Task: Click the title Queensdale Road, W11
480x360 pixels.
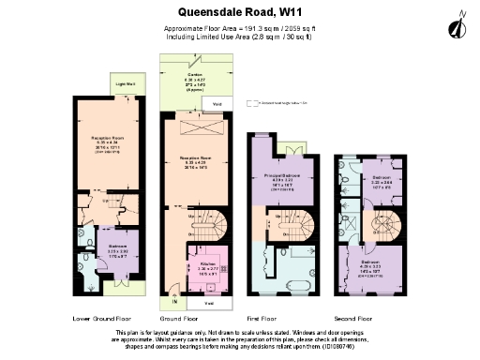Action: pyautogui.click(x=239, y=12)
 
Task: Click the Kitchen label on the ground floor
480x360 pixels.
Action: pyautogui.click(x=205, y=263)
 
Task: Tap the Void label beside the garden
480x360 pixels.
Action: pyautogui.click(x=217, y=103)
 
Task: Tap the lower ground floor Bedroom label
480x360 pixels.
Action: pyautogui.click(x=104, y=231)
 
